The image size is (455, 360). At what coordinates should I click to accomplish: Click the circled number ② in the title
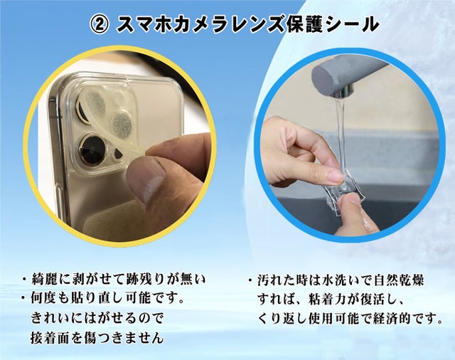coord(100,24)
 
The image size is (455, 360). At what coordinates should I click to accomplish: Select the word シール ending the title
coord(351,24)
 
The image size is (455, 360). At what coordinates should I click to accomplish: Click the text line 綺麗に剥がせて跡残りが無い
coord(119,280)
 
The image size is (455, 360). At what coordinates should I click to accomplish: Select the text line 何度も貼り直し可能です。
coord(107,298)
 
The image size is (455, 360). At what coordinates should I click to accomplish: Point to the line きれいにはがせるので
coord(97,318)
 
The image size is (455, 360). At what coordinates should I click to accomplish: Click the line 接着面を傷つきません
coord(97,337)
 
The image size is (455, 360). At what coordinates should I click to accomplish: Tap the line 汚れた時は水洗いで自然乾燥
coord(341,280)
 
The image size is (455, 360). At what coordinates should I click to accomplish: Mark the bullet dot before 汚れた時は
coord(250,281)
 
